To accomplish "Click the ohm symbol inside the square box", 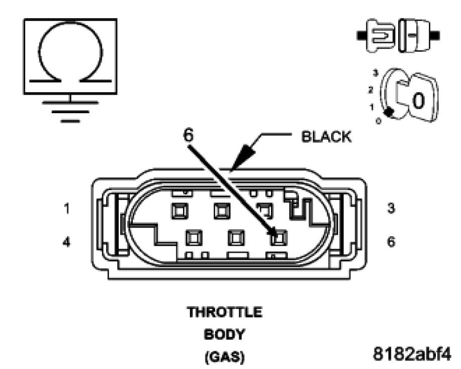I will click(x=70, y=55).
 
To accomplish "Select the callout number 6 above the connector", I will click(x=188, y=135).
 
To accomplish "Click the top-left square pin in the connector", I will click(x=178, y=211).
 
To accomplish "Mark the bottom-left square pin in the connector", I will click(x=193, y=237).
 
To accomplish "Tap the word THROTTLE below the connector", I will click(x=225, y=312).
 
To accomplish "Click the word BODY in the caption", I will click(x=225, y=334).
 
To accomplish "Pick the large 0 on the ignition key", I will click(x=419, y=101).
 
